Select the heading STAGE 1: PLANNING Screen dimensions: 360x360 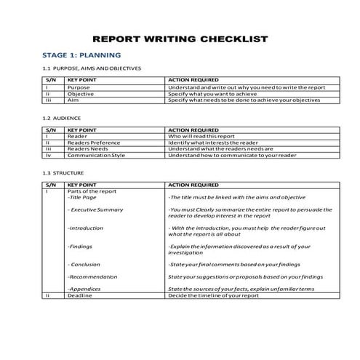click(81, 55)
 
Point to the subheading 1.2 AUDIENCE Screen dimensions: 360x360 click(63, 118)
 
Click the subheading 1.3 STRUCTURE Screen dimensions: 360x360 click(63, 173)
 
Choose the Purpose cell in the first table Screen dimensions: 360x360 click(79, 87)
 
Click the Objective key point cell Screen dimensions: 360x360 click(80, 94)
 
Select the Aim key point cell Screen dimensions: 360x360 click(73, 100)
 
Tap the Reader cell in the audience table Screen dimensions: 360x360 click(77, 136)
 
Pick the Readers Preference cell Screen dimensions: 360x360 click(94, 143)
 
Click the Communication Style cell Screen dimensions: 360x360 click(96, 156)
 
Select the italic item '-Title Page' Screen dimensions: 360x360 click(81, 197)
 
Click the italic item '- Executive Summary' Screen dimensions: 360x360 click(95, 209)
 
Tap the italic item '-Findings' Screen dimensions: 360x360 click(80, 247)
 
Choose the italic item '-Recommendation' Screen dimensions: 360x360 click(90, 277)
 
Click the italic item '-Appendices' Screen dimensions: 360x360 click(84, 289)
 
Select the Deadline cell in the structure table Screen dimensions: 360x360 click(79, 296)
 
